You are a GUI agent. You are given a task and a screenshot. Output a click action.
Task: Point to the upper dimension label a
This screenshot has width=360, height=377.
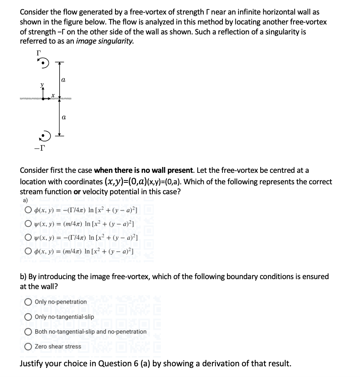tap(63, 80)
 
